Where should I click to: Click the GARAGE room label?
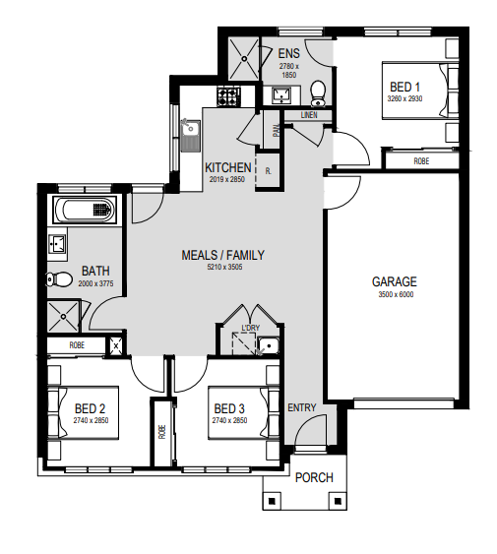pos(394,281)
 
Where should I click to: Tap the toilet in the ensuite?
pos(318,93)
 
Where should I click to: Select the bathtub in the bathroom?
pos(84,210)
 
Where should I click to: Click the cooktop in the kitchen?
pos(228,96)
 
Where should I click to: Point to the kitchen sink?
pos(190,135)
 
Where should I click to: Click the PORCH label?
pos(314,477)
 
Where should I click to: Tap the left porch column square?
pos(272,501)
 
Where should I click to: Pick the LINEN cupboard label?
pos(309,115)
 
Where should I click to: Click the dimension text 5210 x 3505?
pos(224,267)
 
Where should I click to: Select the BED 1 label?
pos(404,87)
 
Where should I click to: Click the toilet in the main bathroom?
pos(59,279)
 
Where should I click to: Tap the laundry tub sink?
pos(268,346)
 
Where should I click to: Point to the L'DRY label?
pos(250,328)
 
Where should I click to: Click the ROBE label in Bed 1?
pos(421,161)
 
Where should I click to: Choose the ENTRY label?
pos(301,407)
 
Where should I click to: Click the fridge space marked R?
pos(269,171)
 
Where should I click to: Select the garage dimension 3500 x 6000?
pos(396,294)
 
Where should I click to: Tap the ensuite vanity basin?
pos(281,94)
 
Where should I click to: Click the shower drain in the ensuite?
pos(244,59)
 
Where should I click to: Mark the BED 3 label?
pos(229,408)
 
